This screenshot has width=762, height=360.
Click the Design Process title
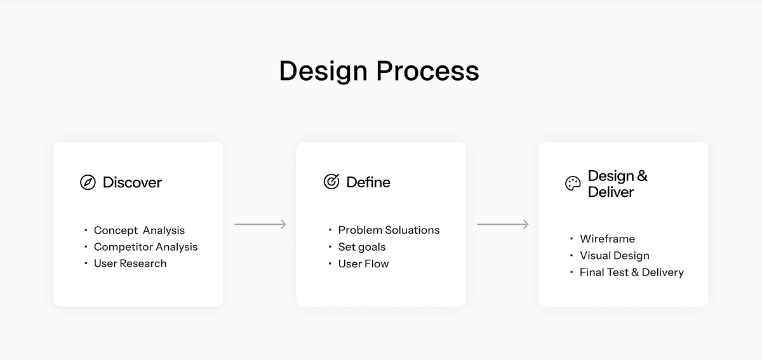pyautogui.click(x=379, y=70)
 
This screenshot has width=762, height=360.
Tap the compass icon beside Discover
pyautogui.click(x=88, y=183)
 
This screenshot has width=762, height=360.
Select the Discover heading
pyautogui.click(x=132, y=183)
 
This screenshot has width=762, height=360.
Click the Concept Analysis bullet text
pyautogui.click(x=139, y=230)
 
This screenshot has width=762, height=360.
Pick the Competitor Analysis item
pyautogui.click(x=145, y=247)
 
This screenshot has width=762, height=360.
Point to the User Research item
pyautogui.click(x=130, y=263)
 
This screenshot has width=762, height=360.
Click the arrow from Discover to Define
pyautogui.click(x=260, y=224)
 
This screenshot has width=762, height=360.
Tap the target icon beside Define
pyautogui.click(x=331, y=182)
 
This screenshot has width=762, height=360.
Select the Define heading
pyautogui.click(x=368, y=182)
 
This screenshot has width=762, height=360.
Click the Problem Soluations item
pyautogui.click(x=389, y=230)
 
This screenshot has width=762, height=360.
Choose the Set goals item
pyautogui.click(x=362, y=247)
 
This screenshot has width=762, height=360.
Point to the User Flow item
pyautogui.click(x=363, y=263)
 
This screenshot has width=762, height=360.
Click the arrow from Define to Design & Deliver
pyautogui.click(x=503, y=224)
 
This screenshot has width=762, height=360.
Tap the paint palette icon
pyautogui.click(x=573, y=183)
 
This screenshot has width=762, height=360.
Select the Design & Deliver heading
pyautogui.click(x=617, y=183)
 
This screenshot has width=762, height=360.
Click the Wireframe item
pyautogui.click(x=607, y=239)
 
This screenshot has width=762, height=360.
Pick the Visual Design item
pyautogui.click(x=614, y=256)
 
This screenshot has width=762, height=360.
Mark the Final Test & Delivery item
pyautogui.click(x=631, y=272)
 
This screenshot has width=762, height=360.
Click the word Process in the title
pyautogui.click(x=427, y=70)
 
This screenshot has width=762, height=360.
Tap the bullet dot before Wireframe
pyautogui.click(x=571, y=239)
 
